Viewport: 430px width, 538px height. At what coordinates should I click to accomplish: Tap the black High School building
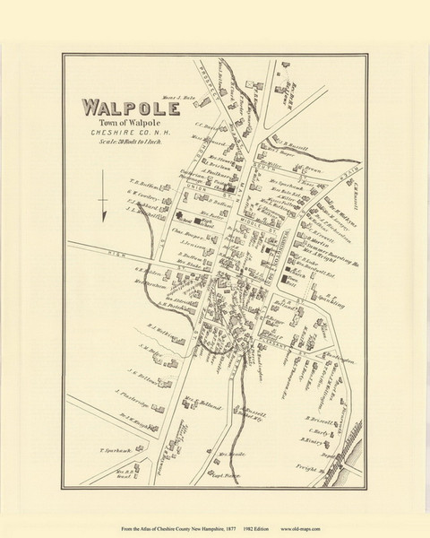click(195, 218)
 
